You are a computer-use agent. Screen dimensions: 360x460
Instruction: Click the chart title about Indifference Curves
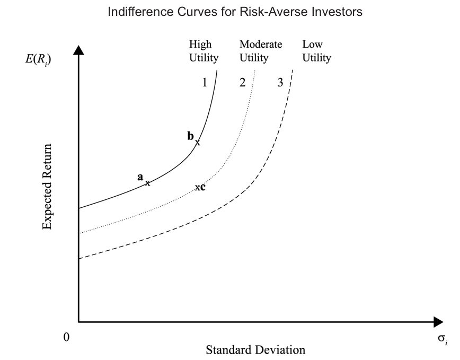pyautogui.click(x=235, y=12)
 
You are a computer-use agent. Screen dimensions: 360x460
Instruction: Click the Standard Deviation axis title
pyautogui.click(x=255, y=350)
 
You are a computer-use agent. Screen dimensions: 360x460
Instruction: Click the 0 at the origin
pyautogui.click(x=67, y=337)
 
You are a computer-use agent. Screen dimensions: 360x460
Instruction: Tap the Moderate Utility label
pyautogui.click(x=260, y=51)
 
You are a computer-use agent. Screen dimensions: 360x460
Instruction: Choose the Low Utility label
pyautogui.click(x=316, y=51)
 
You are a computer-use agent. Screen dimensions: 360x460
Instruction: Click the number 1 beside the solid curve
pyautogui.click(x=204, y=83)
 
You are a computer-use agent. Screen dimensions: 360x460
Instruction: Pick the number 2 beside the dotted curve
pyautogui.click(x=243, y=83)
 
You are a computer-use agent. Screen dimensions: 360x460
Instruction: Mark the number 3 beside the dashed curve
pyautogui.click(x=280, y=83)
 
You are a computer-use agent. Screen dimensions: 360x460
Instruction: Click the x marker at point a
pyautogui.click(x=148, y=183)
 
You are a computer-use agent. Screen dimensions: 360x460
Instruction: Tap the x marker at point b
pyautogui.click(x=198, y=142)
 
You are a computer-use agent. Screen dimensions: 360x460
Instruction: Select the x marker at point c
pyautogui.click(x=197, y=188)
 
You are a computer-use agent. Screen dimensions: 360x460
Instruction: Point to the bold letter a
pyautogui.click(x=140, y=178)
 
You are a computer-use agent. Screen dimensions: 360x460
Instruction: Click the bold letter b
pyautogui.click(x=191, y=136)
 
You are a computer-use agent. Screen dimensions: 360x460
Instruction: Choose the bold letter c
pyautogui.click(x=203, y=187)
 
